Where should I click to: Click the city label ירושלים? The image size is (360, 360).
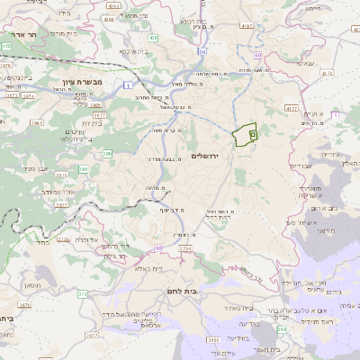point(212,156)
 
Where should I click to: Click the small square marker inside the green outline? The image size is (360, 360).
point(252,134)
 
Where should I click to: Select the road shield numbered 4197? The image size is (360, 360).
point(112,5)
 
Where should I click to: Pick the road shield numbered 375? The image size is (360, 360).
point(82,293)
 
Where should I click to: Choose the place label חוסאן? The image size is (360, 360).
point(47,285)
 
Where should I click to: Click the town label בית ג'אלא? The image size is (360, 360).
point(148,268)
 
